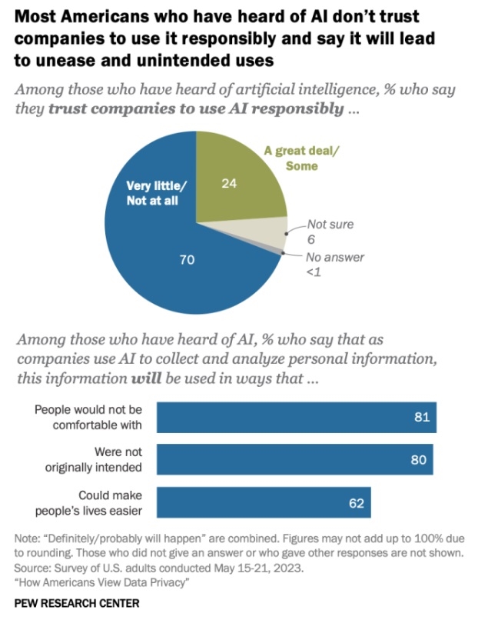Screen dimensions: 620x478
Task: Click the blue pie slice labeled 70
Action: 177,262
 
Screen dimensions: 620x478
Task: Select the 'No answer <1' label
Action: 335,264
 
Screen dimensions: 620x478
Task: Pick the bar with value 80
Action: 294,458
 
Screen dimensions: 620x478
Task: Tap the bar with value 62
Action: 264,502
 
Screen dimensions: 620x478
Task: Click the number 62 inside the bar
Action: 354,502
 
